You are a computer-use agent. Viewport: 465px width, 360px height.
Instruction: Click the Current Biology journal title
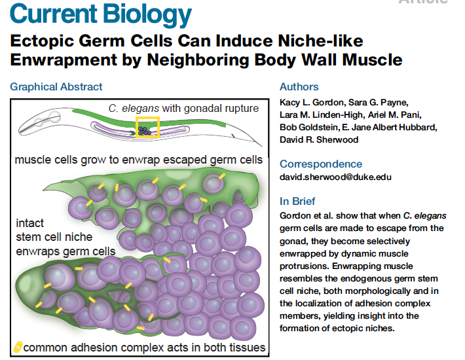(102, 14)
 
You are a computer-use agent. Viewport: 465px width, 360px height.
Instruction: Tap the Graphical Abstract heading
(56, 86)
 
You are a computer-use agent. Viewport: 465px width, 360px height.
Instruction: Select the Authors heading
(299, 86)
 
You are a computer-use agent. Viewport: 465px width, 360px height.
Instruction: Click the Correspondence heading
(321, 164)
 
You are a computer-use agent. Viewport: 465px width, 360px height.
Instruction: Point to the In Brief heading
(297, 201)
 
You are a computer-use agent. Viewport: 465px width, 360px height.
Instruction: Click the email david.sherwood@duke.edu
(335, 177)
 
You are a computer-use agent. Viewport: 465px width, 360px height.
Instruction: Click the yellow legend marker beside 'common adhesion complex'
(18, 348)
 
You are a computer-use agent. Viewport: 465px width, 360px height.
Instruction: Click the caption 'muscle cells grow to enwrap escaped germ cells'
(138, 160)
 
